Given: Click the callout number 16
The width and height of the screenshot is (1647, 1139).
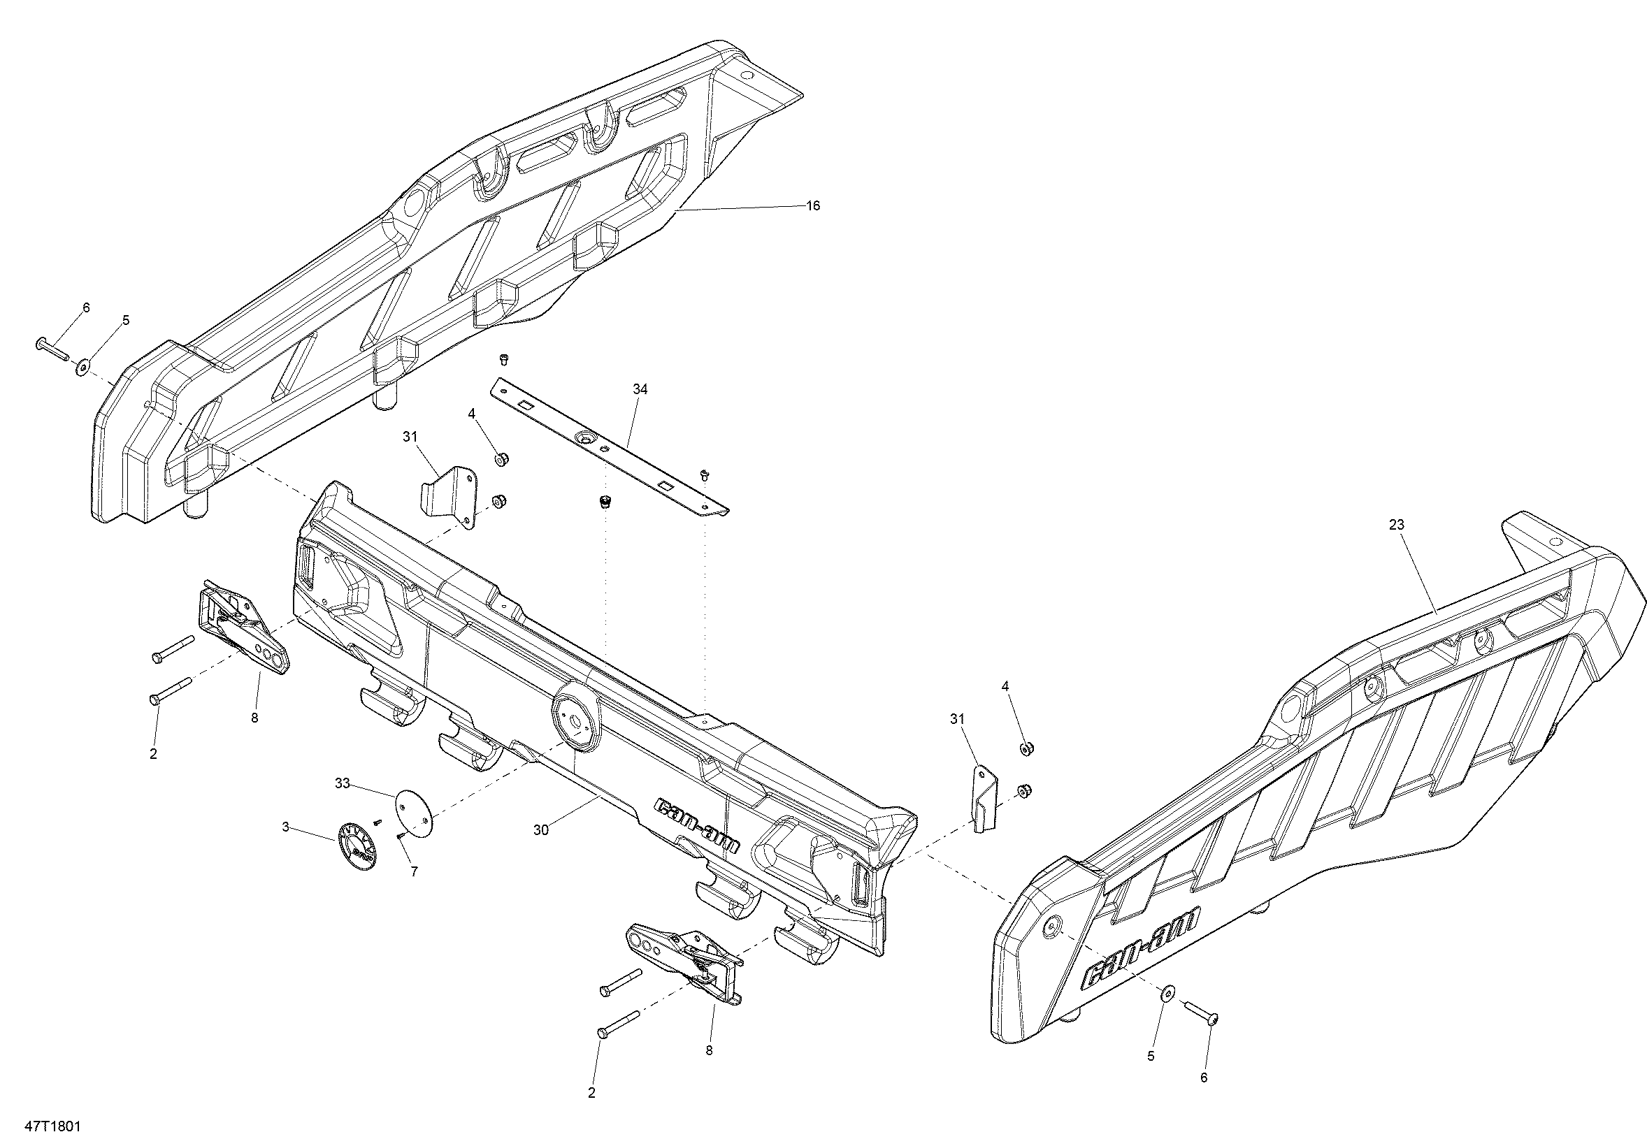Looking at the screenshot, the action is coord(813,205).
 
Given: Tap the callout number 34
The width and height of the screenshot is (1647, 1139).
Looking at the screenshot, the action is coord(640,389).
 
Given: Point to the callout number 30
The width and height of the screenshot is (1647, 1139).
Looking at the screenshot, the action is coord(541,830).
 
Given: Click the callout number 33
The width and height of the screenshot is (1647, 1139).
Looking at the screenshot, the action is coord(343,783).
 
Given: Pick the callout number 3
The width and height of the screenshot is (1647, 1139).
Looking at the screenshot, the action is coord(285,827).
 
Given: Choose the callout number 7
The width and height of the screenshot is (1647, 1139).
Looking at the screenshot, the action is coord(413,871).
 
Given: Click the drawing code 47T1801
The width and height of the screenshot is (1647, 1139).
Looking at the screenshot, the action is coord(53,1126).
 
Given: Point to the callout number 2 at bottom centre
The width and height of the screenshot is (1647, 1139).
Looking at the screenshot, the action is coord(591,1093).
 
